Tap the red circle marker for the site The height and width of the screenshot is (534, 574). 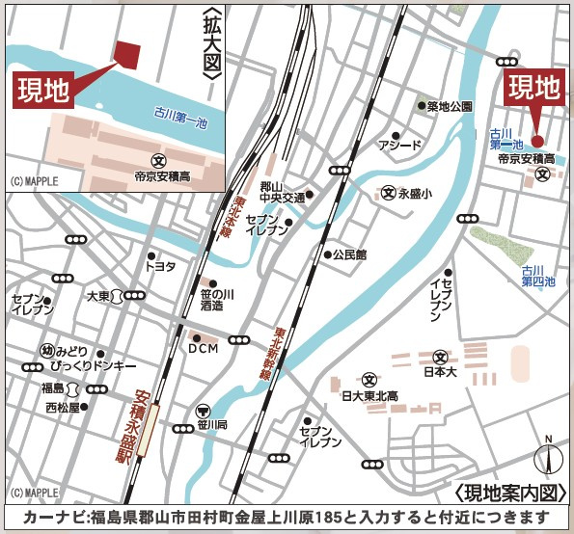click(537, 141)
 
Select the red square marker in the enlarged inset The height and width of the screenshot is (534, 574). click(126, 54)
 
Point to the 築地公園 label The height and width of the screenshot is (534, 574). click(450, 106)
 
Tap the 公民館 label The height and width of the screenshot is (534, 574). click(349, 255)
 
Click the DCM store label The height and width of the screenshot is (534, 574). click(204, 348)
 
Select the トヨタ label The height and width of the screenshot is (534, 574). click(160, 266)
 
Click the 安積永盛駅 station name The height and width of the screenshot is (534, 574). click(123, 425)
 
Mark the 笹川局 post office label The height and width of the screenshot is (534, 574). click(215, 423)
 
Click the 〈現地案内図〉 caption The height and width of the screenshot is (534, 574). click(508, 492)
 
